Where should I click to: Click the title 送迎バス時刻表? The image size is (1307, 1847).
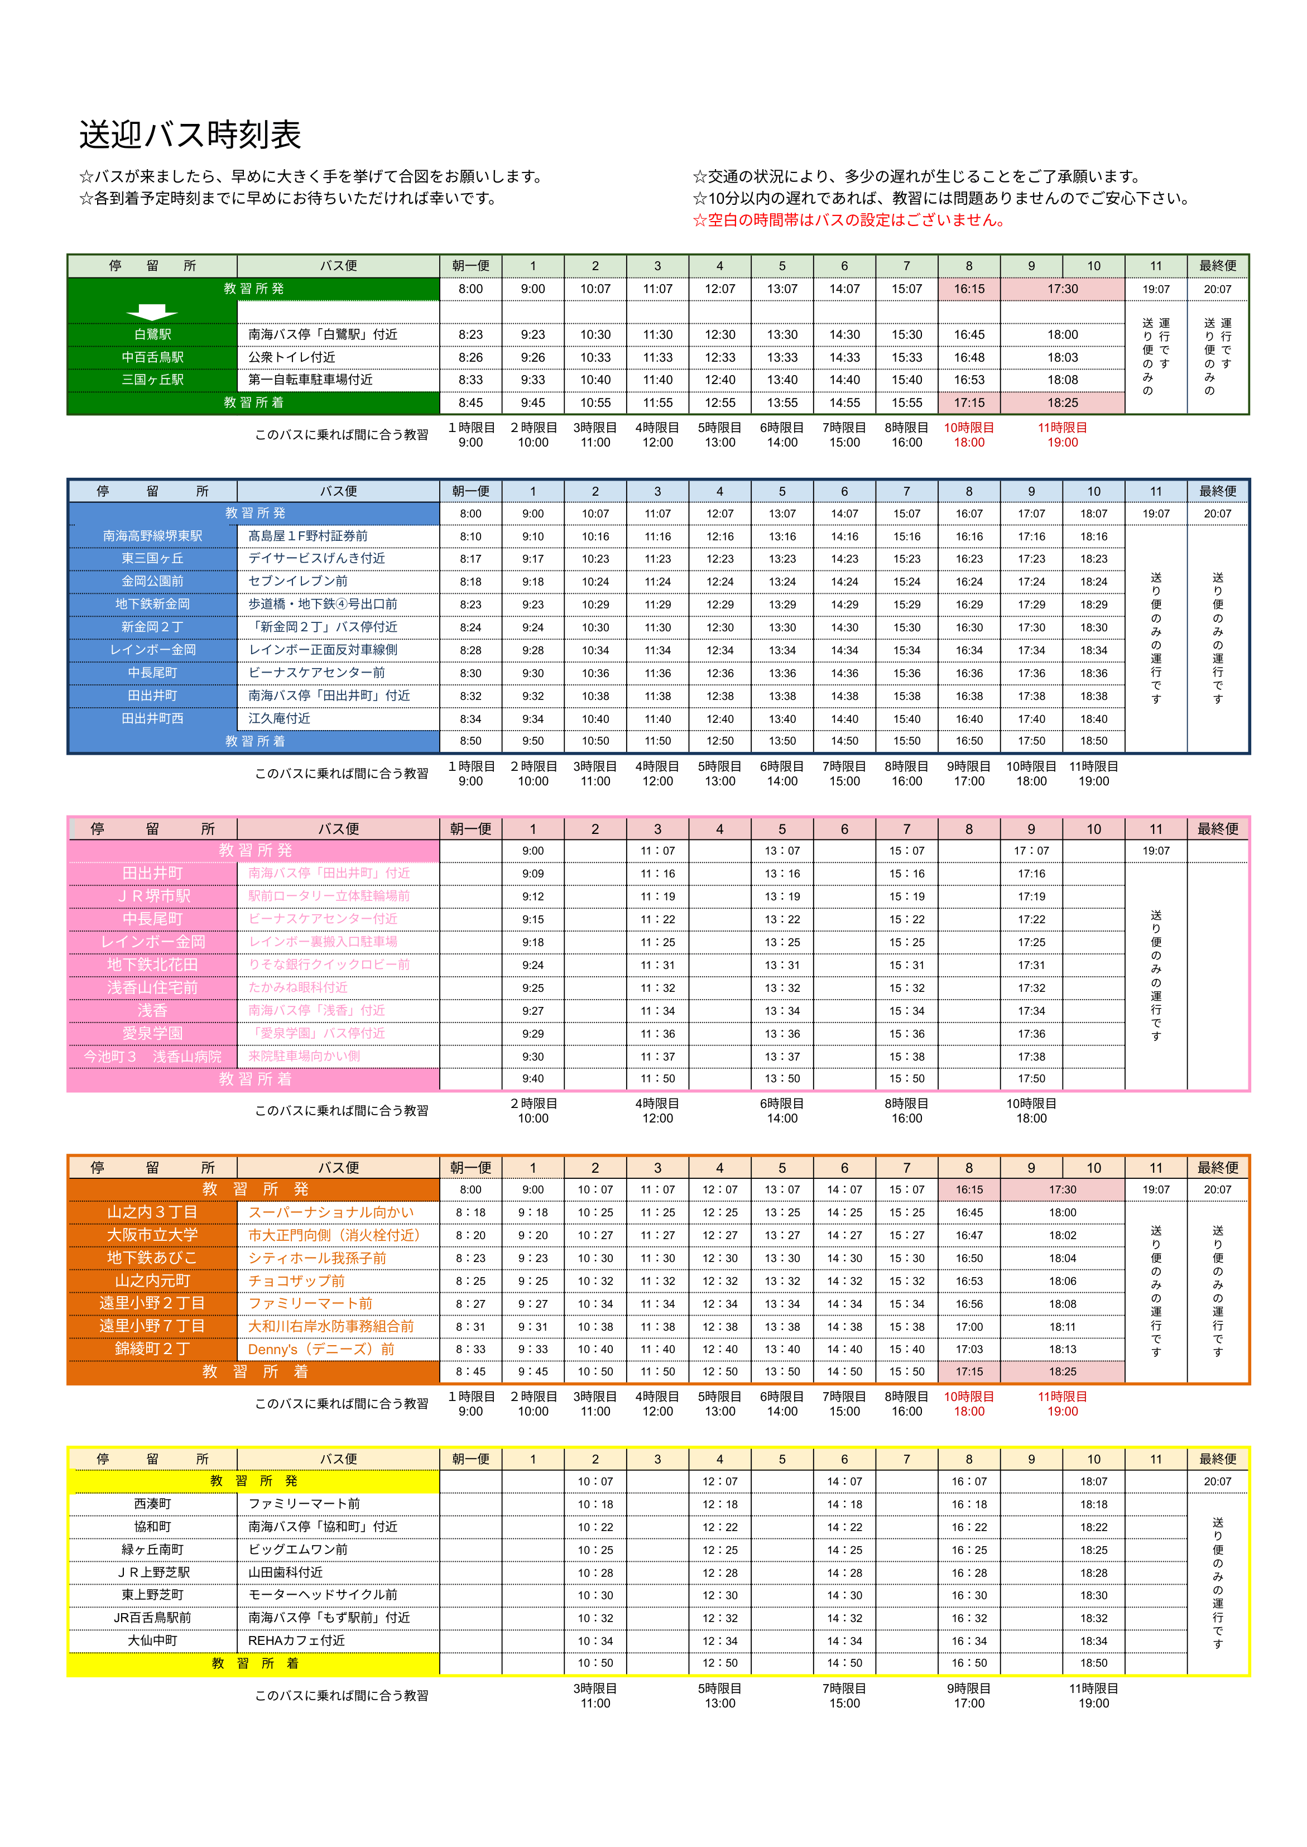point(190,135)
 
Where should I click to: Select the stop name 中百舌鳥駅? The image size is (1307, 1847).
point(152,357)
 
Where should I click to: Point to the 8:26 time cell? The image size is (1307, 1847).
point(471,357)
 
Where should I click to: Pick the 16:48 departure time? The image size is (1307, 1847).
point(969,357)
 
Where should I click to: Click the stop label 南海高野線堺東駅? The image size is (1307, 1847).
point(152,536)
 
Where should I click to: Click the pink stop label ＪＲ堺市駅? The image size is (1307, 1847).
point(152,896)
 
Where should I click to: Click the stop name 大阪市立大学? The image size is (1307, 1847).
point(152,1235)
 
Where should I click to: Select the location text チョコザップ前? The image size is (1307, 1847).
point(296,1281)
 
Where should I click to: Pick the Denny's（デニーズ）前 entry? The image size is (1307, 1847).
point(321,1350)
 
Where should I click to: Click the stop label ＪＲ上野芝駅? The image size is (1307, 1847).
point(152,1572)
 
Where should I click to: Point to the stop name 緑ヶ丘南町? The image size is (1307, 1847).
point(152,1550)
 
